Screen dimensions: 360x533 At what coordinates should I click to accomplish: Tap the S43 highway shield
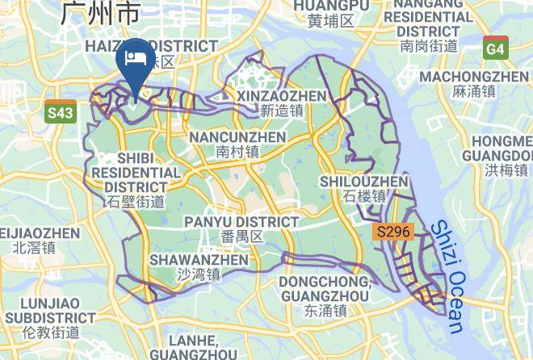pos(60,113)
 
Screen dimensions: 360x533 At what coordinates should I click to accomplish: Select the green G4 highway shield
pos(495,48)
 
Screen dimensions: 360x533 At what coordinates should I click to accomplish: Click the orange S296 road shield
pos(395,232)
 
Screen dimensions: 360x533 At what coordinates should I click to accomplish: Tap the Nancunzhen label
pos(237,144)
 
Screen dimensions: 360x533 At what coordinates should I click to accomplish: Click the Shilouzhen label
pos(364,189)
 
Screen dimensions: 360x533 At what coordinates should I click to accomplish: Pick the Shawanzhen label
pos(199,267)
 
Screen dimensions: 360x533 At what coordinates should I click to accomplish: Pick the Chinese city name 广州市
pos(100,13)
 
